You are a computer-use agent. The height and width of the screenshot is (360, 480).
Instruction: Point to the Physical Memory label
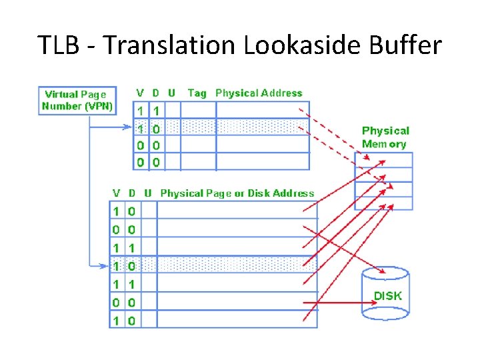pos(385,137)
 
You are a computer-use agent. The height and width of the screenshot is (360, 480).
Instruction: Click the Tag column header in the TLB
pos(197,93)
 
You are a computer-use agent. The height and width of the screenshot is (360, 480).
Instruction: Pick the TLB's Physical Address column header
pos(259,93)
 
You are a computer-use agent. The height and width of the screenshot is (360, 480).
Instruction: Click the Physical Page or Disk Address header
pos(237,193)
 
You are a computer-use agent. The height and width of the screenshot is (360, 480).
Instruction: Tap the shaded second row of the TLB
pos(223,127)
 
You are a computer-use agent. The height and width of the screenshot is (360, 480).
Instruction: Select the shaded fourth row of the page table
pos(213,265)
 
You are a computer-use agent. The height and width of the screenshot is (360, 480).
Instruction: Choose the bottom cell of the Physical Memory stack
pos(383,203)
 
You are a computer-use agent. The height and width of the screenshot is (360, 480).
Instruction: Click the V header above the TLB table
pos(140,93)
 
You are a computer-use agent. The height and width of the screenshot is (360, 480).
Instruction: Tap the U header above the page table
pos(148,193)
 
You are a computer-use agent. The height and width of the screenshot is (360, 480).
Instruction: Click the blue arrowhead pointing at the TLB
pos(131,127)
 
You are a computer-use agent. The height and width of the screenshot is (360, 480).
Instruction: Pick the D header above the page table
pos(132,193)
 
